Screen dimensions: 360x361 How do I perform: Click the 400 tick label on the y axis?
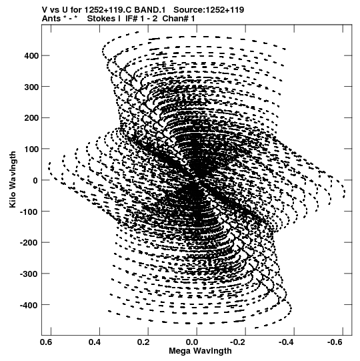(x=31, y=55)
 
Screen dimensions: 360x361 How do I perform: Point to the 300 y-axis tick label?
(x=31, y=87)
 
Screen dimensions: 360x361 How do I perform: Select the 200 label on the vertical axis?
(x=31, y=118)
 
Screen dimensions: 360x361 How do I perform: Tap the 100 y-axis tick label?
(x=31, y=149)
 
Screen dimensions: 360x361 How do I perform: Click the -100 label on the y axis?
(x=29, y=212)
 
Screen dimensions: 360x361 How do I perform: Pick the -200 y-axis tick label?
(x=29, y=242)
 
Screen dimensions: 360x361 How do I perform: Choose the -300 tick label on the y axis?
(x=29, y=274)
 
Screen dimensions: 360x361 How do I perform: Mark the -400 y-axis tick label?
(x=29, y=305)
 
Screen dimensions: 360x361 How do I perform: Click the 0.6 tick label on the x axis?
(x=46, y=342)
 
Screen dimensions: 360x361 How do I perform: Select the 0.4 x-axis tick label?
(x=95, y=342)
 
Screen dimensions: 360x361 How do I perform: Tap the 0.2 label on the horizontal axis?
(x=143, y=342)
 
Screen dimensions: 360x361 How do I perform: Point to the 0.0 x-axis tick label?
(x=192, y=342)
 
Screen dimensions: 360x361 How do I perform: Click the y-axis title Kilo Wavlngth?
(x=13, y=179)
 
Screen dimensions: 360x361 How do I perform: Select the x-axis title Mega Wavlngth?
(x=200, y=352)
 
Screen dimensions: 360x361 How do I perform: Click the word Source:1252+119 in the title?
(x=209, y=10)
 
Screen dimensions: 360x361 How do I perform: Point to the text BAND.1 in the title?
(x=150, y=10)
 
